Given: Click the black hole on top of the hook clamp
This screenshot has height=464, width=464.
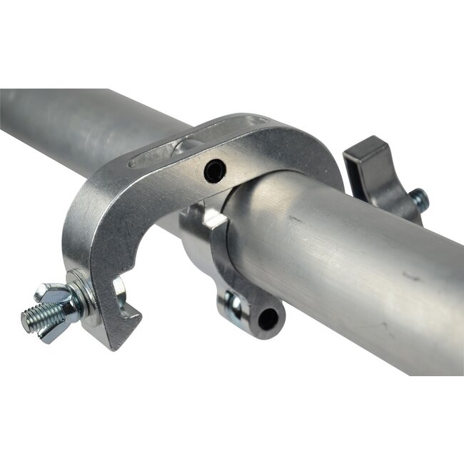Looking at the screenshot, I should tap(214, 170).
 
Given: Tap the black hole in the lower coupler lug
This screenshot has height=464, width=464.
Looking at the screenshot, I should tap(268, 319).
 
